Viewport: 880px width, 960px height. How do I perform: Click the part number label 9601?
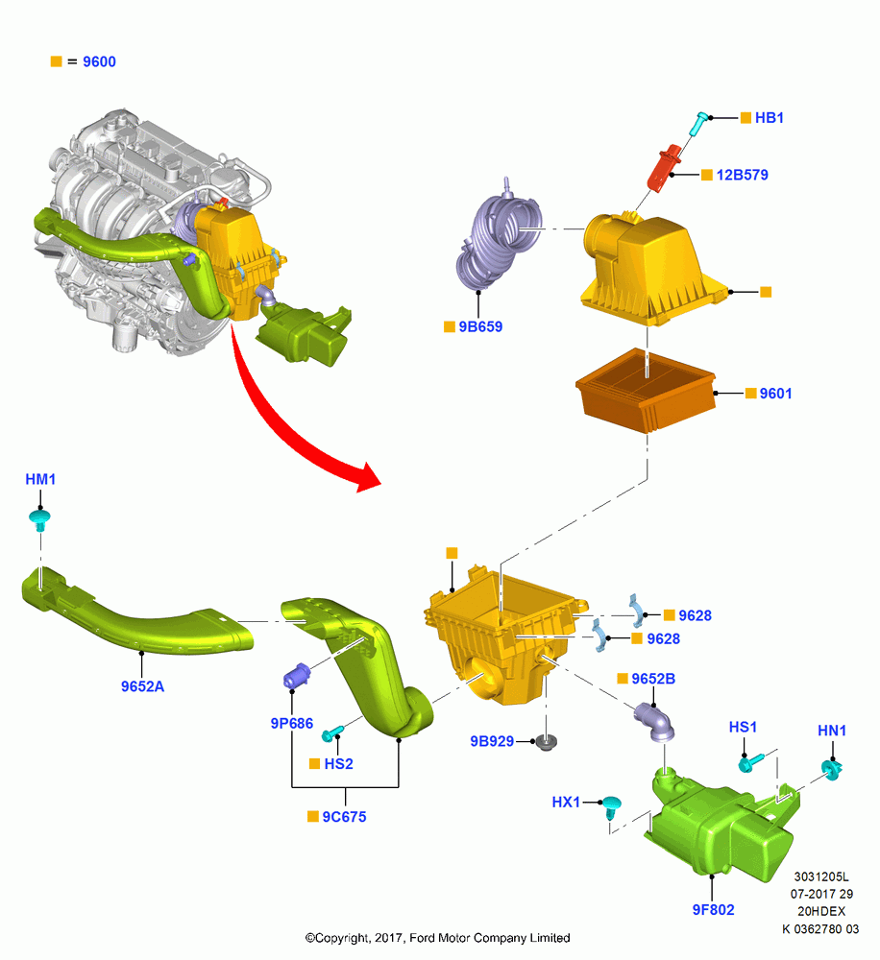tap(775, 394)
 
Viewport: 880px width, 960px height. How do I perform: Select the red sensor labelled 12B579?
tap(664, 168)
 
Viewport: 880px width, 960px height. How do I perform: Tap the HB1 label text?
tap(770, 117)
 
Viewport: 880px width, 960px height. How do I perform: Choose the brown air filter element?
tap(646, 391)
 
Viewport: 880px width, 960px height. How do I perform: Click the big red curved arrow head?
tap(369, 477)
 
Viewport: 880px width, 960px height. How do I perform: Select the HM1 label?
tap(40, 479)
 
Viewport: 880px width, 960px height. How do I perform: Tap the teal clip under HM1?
tap(39, 521)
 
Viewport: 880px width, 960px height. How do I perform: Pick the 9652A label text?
tap(142, 686)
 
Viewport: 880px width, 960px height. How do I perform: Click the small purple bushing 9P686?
tap(297, 675)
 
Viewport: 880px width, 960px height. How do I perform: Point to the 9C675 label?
tap(344, 817)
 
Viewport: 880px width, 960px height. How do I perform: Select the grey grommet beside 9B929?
tap(546, 742)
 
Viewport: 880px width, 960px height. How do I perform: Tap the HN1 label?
tap(832, 731)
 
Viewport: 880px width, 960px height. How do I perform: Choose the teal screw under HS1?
tap(750, 761)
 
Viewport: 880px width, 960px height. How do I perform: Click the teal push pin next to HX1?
tap(612, 807)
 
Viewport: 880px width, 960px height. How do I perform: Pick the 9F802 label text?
tap(713, 910)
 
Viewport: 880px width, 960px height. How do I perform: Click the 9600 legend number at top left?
tap(99, 61)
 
